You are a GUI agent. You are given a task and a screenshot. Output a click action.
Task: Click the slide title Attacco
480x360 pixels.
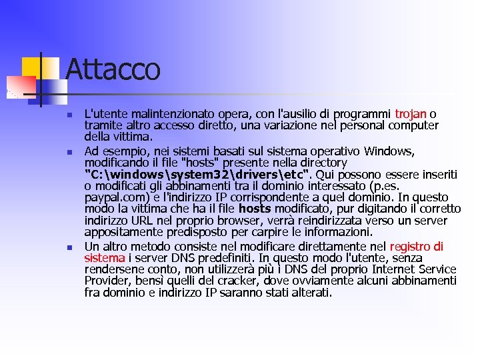click(113, 69)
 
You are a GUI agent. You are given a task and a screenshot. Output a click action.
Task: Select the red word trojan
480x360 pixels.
click(411, 114)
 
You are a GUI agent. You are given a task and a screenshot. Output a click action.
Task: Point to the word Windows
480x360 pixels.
click(391, 151)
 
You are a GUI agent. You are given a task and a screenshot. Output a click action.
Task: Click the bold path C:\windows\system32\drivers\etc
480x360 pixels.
click(197, 175)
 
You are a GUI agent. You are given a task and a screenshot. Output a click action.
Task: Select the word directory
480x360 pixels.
click(323, 163)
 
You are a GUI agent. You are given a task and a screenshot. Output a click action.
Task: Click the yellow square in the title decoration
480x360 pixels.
click(32, 67)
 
